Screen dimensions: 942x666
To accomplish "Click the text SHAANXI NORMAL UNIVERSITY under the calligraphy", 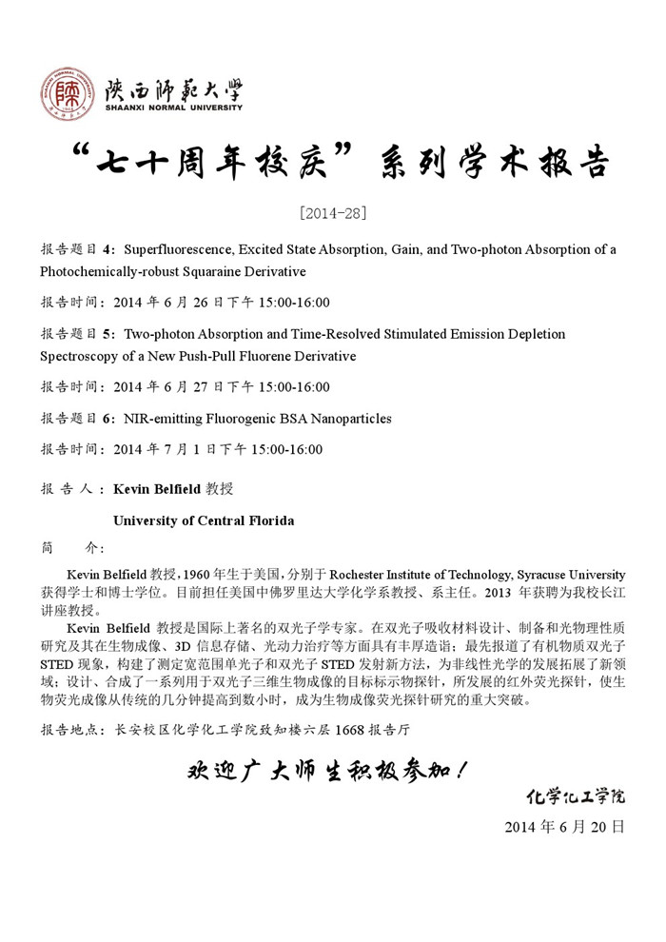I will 173,108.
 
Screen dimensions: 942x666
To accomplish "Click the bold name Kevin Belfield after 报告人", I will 157,488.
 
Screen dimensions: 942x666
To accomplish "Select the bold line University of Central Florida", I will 204,520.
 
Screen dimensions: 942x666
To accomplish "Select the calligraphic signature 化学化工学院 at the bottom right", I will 578,795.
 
